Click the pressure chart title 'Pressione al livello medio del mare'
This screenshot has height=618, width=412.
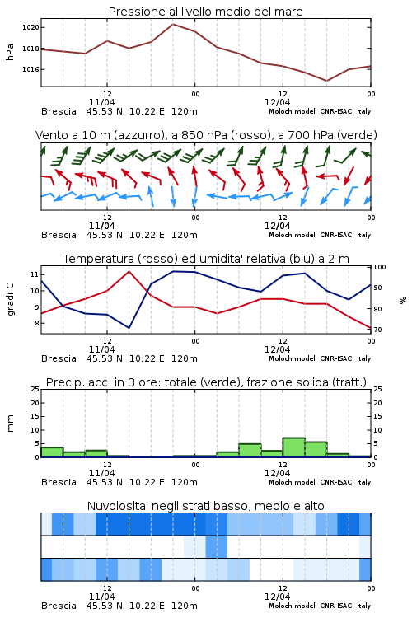click(x=205, y=12)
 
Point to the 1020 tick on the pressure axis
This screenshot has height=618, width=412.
click(x=30, y=27)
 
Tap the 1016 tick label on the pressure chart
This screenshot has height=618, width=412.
click(x=30, y=69)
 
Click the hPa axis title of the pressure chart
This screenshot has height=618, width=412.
click(x=10, y=52)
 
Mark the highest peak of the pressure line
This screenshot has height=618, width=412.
click(x=173, y=24)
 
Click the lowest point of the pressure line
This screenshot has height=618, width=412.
click(x=326, y=81)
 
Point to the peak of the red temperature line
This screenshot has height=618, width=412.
click(x=129, y=271)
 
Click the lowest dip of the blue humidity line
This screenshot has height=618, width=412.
click(x=129, y=328)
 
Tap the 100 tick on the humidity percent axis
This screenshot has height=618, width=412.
click(x=380, y=267)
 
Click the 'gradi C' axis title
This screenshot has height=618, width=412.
click(x=10, y=299)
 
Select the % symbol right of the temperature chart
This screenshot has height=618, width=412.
click(x=403, y=300)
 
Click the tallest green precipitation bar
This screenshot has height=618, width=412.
click(x=293, y=447)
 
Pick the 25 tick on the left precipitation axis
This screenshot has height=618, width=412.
click(x=35, y=389)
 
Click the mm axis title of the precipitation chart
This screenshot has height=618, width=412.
click(x=10, y=423)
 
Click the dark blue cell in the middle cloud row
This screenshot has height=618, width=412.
click(x=217, y=546)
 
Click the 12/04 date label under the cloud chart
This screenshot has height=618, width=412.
click(x=277, y=597)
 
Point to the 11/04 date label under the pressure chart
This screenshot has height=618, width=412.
click(x=101, y=102)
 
